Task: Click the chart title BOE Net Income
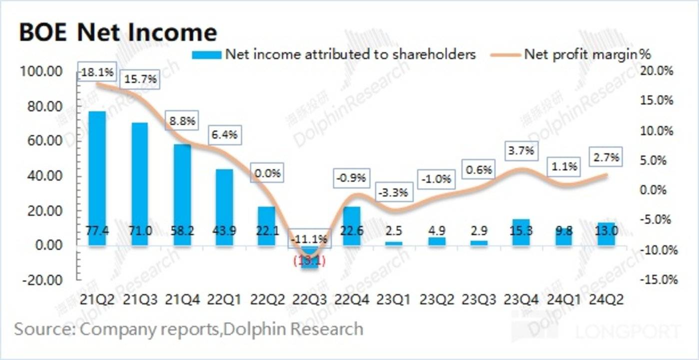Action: coord(118,33)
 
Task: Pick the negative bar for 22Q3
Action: coord(310,257)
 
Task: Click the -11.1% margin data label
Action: coord(309,239)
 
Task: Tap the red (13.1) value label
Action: coord(310,261)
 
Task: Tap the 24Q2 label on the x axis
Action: coord(607,300)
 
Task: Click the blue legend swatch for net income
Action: coord(206,54)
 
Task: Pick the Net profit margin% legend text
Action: coord(587,54)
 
